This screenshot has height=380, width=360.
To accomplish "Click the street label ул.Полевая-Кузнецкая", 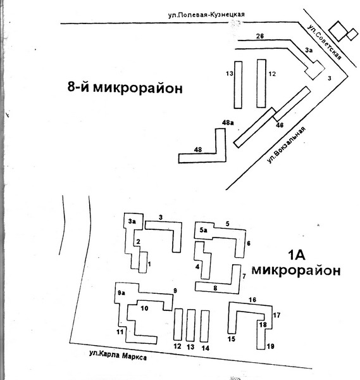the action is click(206, 15).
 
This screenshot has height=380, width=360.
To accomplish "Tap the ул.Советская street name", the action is click(325, 42).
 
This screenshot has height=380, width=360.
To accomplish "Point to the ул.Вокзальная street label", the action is click(286, 144).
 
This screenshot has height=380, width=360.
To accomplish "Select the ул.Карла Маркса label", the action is click(118, 355).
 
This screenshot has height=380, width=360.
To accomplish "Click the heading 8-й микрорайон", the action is click(125, 87).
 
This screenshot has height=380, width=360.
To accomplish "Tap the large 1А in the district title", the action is click(296, 255).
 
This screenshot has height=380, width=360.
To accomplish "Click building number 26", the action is click(260, 36).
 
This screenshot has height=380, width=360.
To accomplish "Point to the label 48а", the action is click(228, 123).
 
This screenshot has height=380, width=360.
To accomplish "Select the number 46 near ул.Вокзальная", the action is click(280, 125).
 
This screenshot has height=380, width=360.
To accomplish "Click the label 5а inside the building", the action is click(203, 230).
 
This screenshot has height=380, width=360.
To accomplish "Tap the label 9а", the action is click(121, 293).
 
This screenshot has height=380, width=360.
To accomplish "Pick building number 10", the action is click(144, 308).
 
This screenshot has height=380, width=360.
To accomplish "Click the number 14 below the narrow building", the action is click(205, 348).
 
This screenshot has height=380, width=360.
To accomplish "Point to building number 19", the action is click(270, 346).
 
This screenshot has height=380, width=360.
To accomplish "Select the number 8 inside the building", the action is click(215, 288).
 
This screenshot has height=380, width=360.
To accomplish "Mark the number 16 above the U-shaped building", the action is click(252, 300).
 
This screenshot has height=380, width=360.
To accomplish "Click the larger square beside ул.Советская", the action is click(338, 31).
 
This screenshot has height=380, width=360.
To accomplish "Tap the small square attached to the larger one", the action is click(352, 34).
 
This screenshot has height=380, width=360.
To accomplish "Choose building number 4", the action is click(197, 267).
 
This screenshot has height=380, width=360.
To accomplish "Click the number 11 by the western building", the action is click(120, 332).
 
